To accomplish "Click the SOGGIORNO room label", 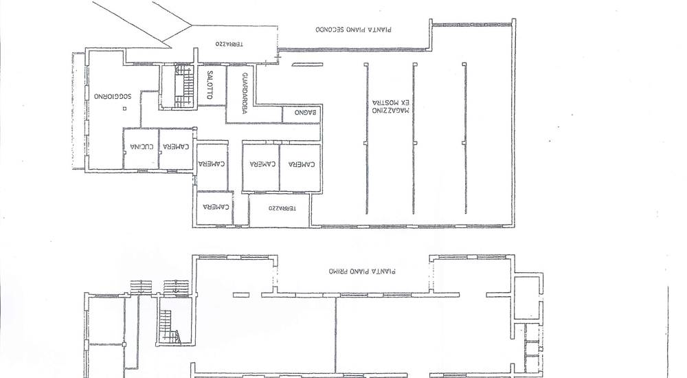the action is pyautogui.click(x=113, y=96).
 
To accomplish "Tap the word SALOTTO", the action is pyautogui.click(x=210, y=85).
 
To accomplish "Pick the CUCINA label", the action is pyautogui.click(x=142, y=146).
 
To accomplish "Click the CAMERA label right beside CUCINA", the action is pyautogui.click(x=176, y=146).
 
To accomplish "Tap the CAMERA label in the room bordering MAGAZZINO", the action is pyautogui.click(x=302, y=164).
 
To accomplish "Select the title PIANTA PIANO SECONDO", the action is pyautogui.click(x=354, y=30).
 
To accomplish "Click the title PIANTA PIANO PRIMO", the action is pyautogui.click(x=362, y=271).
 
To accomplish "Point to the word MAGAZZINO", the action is pyautogui.click(x=390, y=110).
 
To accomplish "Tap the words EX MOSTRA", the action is pyautogui.click(x=391, y=102).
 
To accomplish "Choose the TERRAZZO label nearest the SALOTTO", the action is pyautogui.click(x=229, y=44).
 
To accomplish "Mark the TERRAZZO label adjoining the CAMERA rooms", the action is pyautogui.click(x=282, y=208).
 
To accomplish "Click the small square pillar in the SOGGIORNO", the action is pyautogui.click(x=125, y=108).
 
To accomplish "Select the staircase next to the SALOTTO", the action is pyautogui.click(x=184, y=87).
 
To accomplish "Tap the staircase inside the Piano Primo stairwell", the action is pyautogui.click(x=169, y=326).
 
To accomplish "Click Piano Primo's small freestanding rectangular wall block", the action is pyautogui.click(x=241, y=295).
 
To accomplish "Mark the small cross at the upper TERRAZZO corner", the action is pyautogui.click(x=278, y=56).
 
